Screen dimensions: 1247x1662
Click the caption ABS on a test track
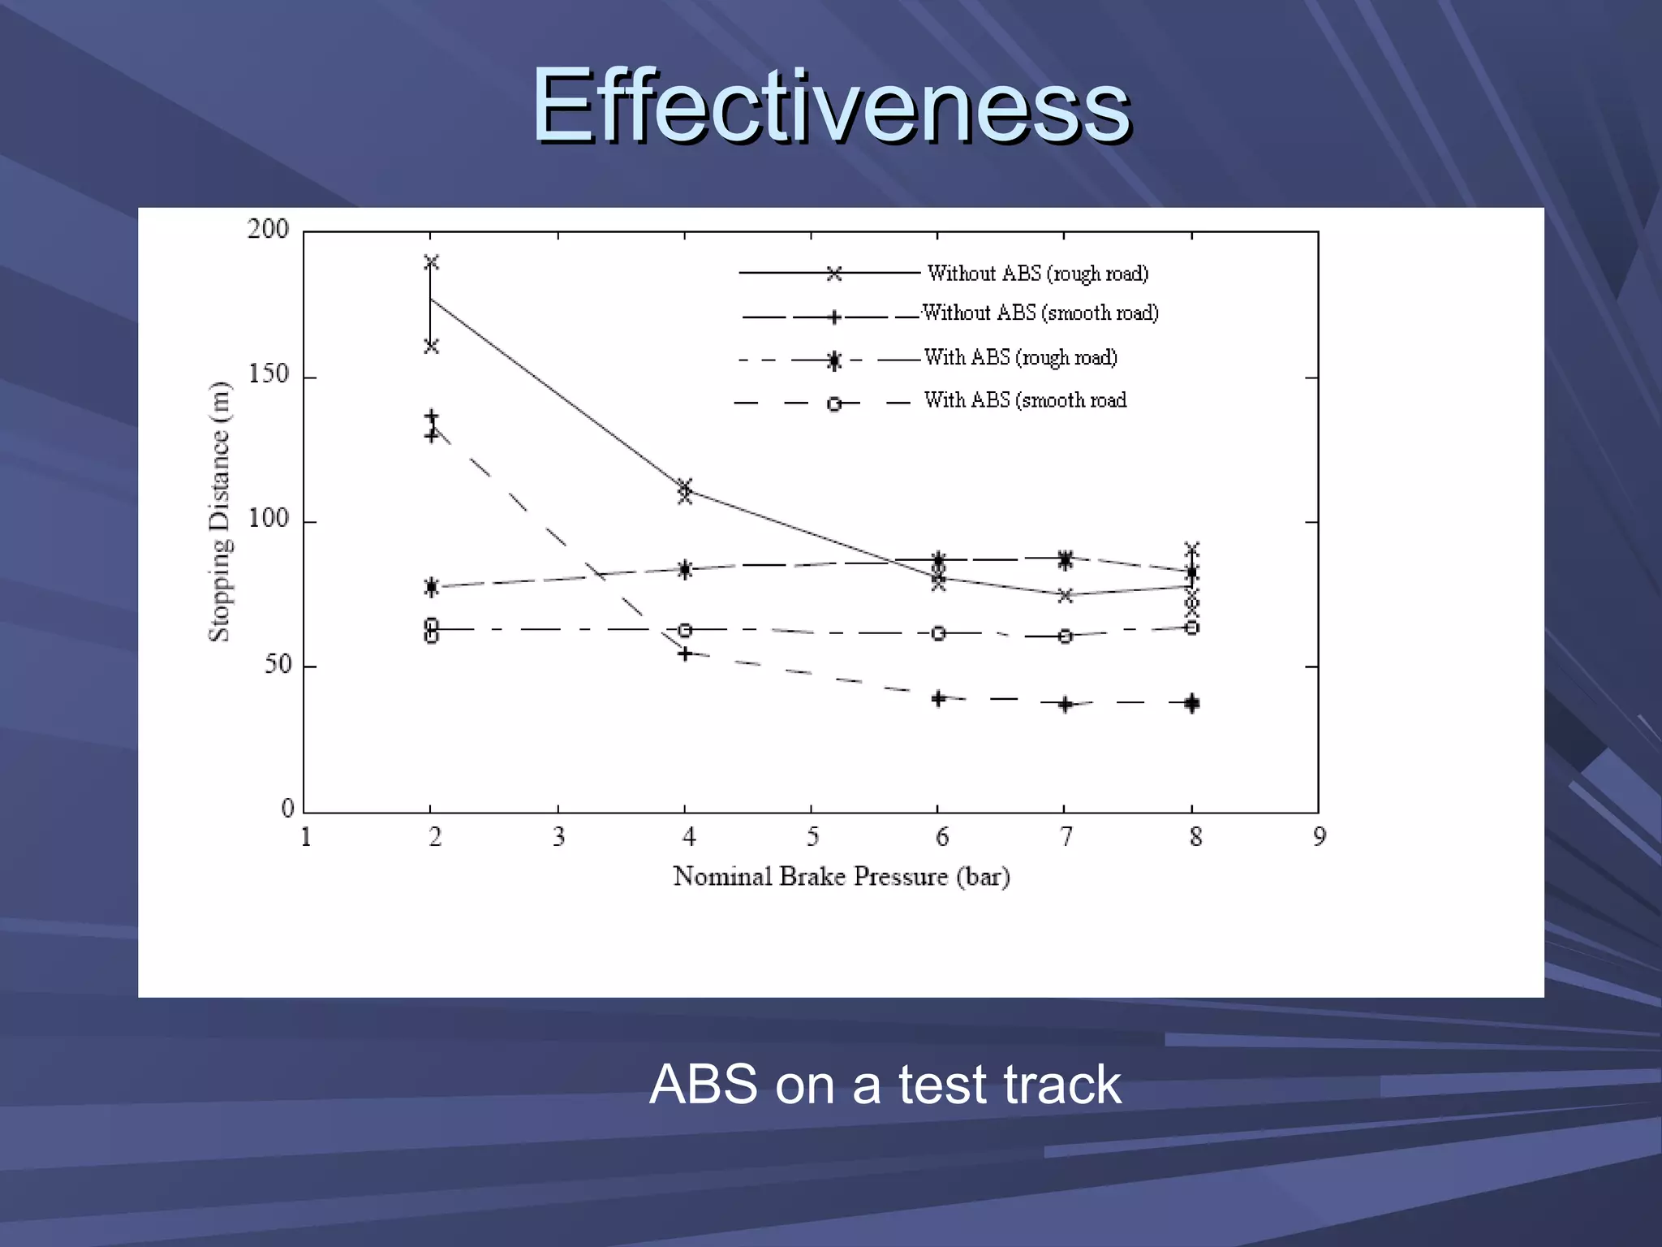(x=885, y=1085)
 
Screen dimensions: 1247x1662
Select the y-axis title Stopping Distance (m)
(x=220, y=511)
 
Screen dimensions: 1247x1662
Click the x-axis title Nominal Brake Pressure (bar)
(x=842, y=877)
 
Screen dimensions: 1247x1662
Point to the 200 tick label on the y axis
(x=269, y=230)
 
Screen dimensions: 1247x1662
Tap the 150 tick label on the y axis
(x=269, y=375)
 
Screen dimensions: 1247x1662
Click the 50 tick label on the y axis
(x=278, y=665)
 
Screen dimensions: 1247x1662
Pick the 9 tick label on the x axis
(x=1320, y=837)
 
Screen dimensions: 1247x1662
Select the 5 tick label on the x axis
(x=812, y=837)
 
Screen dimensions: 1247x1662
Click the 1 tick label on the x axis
(x=306, y=837)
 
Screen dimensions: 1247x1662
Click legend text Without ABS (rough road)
(x=1038, y=274)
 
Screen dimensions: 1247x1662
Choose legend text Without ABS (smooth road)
(x=1040, y=313)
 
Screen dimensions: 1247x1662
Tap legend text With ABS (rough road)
(x=1021, y=357)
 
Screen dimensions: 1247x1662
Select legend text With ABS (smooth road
(x=1026, y=400)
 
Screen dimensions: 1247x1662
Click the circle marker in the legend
(x=834, y=403)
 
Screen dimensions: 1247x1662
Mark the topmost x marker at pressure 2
(x=431, y=262)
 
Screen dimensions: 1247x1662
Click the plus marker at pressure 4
(x=685, y=654)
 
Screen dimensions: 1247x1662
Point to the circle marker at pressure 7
(x=1066, y=636)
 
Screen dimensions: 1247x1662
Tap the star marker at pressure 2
(x=431, y=586)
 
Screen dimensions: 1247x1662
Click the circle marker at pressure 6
(x=938, y=633)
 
